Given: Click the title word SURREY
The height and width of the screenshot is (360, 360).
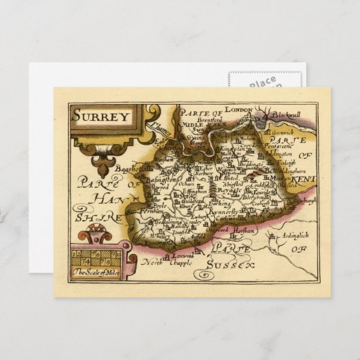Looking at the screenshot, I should [103, 115].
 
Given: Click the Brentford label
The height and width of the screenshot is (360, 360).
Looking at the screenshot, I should [209, 116].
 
